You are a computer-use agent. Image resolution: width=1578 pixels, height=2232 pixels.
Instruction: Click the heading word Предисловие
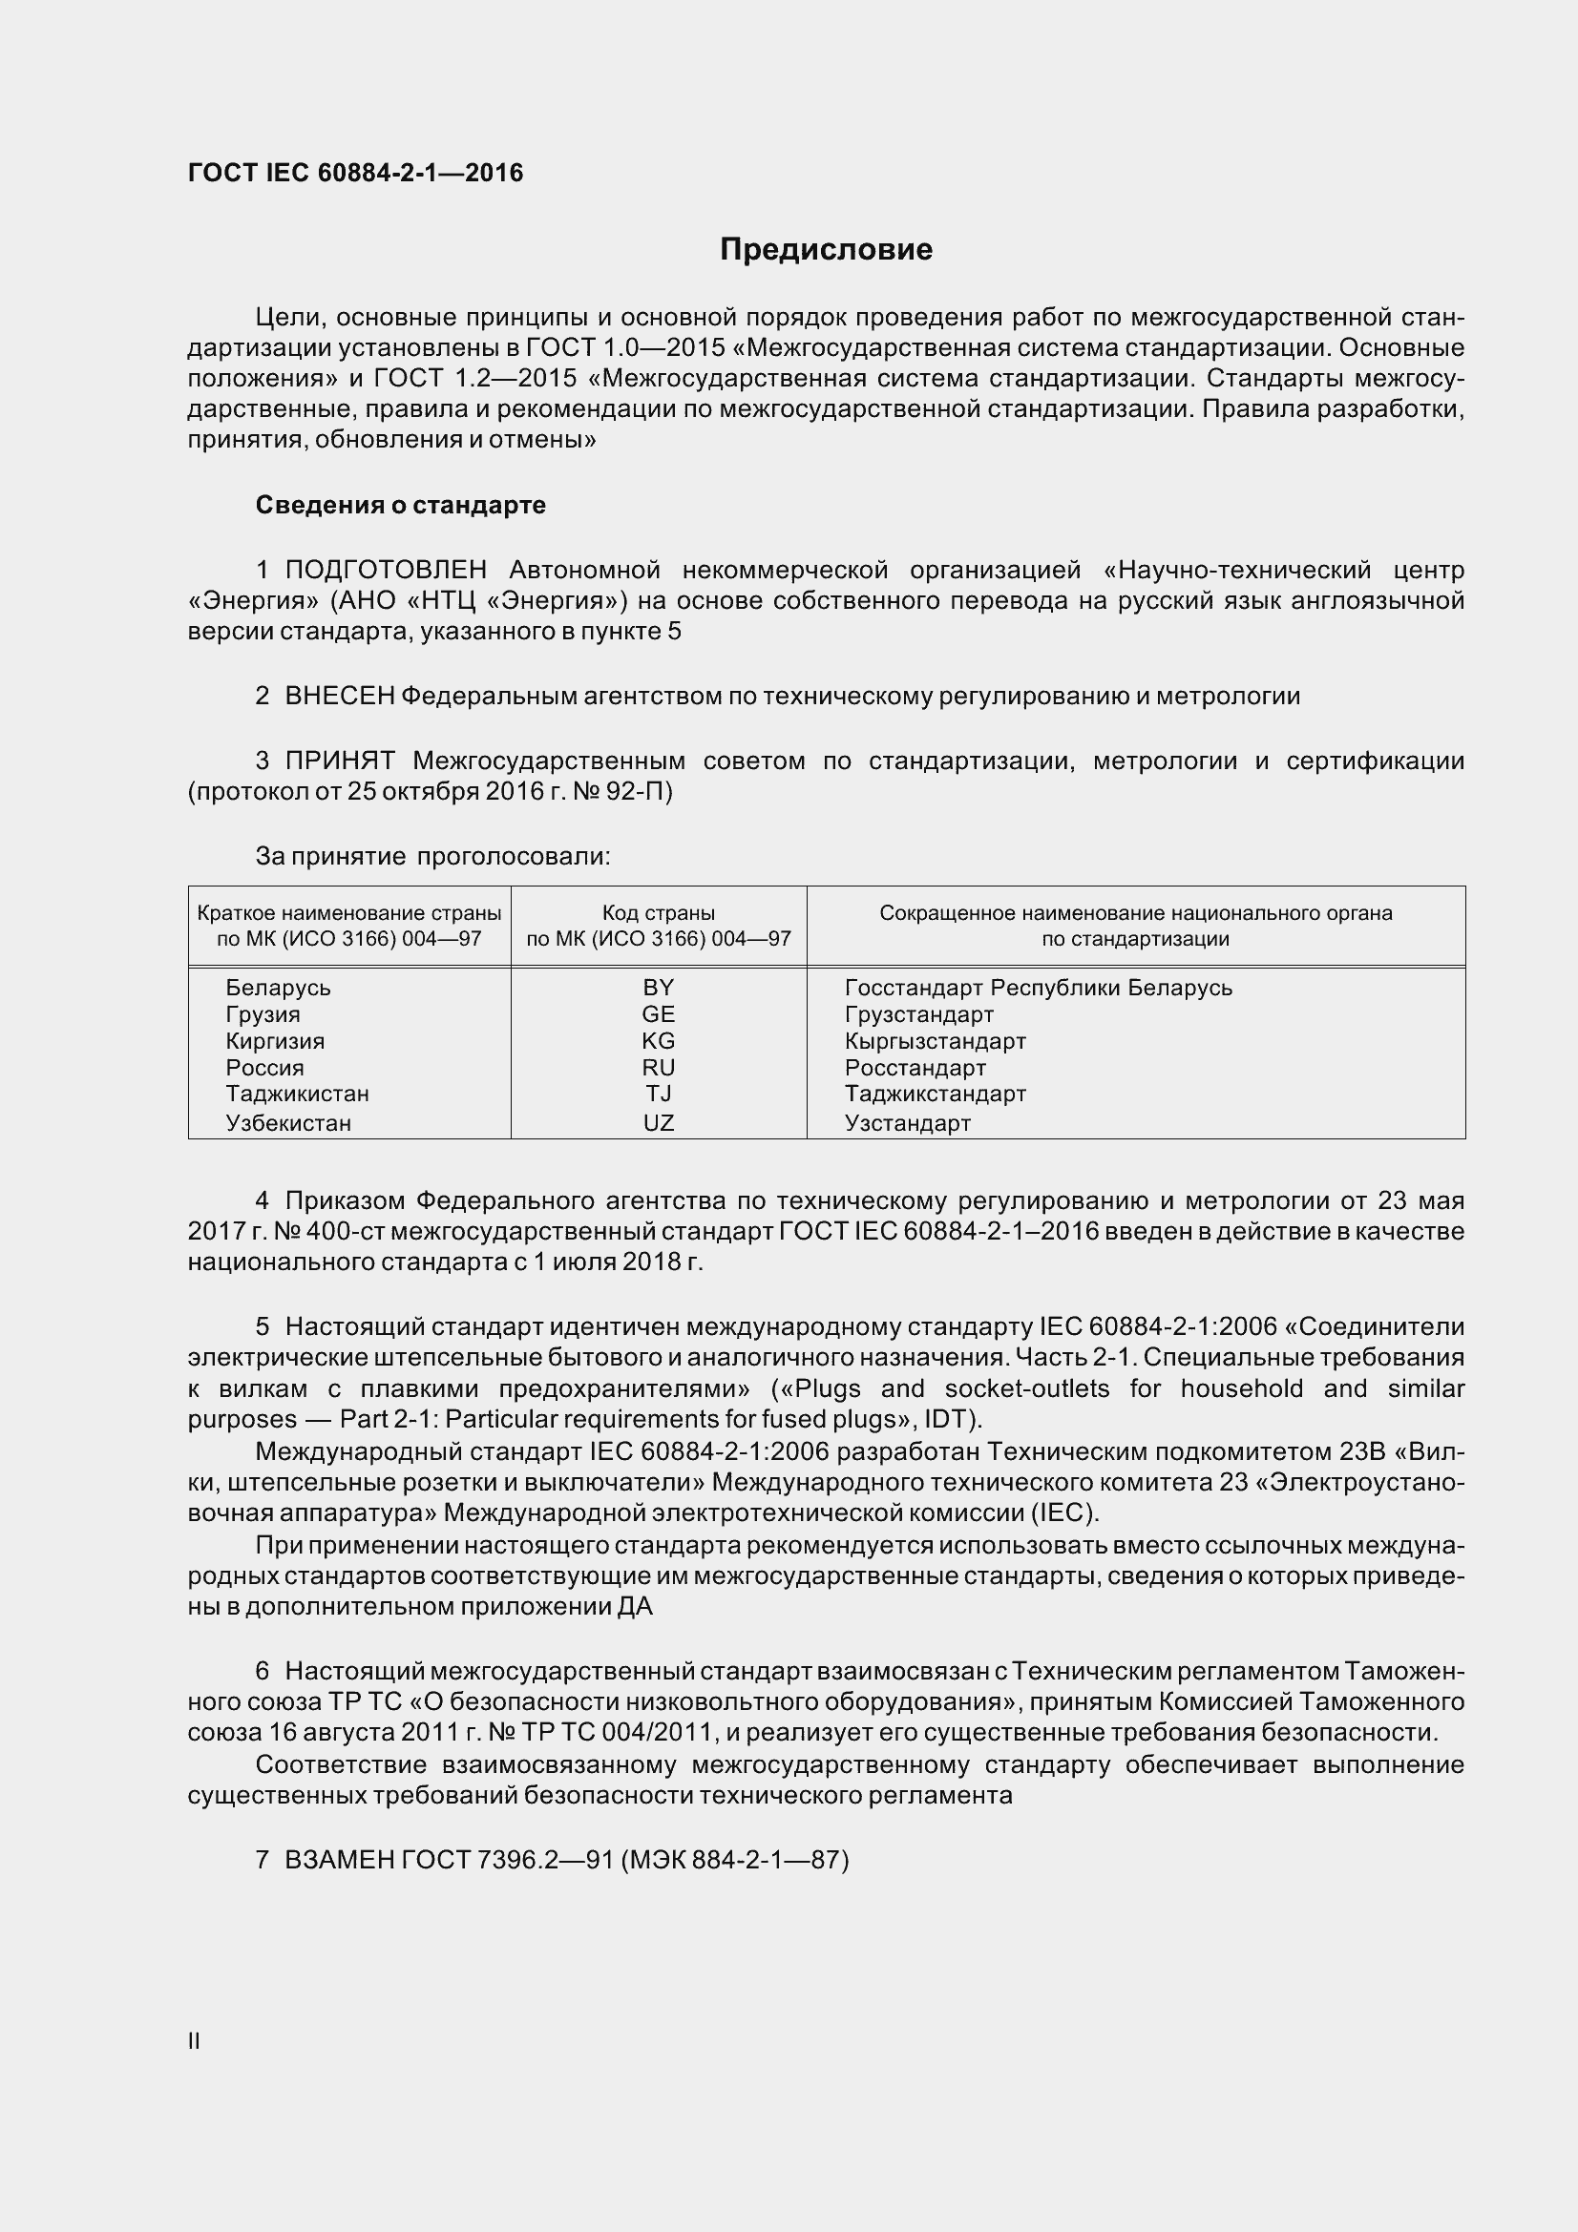826,250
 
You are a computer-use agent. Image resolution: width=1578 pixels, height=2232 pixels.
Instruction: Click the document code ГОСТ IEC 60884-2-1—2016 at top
355,173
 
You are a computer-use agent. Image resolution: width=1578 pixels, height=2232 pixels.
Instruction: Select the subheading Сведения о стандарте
400,505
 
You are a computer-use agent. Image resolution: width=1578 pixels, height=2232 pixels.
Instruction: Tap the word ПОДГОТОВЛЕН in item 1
386,570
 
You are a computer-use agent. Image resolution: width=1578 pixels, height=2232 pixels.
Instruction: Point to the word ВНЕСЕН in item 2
339,696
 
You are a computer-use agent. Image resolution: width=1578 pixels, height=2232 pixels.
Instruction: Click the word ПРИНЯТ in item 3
339,761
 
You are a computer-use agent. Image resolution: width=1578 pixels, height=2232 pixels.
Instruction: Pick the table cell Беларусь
278,988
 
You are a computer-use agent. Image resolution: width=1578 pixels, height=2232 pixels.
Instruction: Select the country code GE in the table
659,1014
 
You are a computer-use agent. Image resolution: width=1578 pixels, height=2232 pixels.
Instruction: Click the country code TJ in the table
659,1094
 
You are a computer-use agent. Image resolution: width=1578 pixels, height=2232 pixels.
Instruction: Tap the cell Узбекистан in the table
287,1123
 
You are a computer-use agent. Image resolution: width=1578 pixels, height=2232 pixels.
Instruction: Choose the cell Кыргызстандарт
935,1041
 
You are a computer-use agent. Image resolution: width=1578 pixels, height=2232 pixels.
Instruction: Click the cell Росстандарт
915,1068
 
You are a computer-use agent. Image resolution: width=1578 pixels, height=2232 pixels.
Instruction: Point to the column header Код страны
659,913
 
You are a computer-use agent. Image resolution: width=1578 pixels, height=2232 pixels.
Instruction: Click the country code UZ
659,1123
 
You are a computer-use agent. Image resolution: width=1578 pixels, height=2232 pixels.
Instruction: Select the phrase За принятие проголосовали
431,856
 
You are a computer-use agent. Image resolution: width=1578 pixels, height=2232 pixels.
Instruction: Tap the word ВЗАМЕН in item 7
339,1860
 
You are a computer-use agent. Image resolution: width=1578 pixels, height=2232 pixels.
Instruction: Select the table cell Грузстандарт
918,1014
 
